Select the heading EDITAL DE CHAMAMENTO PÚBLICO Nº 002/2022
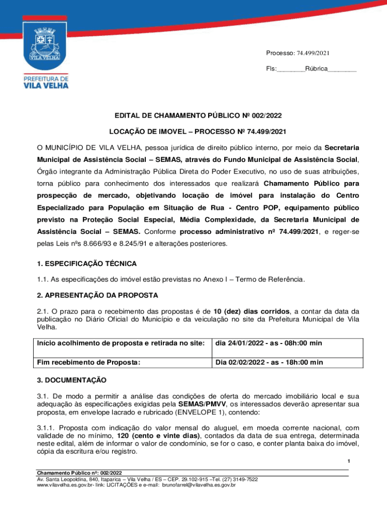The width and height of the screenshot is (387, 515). pyautogui.click(x=193, y=115)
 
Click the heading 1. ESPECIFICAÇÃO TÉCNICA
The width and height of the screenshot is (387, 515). pyautogui.click(x=86, y=264)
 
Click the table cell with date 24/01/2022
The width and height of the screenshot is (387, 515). pyautogui.click(x=268, y=344)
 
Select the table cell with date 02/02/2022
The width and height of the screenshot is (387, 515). pyautogui.click(x=269, y=362)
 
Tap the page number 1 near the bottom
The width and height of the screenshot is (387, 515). pyautogui.click(x=347, y=462)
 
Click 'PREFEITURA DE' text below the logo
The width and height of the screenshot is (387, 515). pyautogui.click(x=46, y=78)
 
